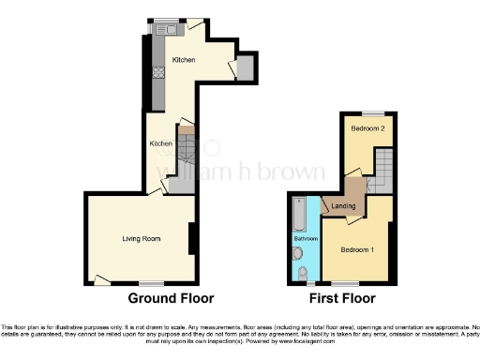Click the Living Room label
click(x=141, y=239)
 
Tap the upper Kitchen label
click(x=183, y=60)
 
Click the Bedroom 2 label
click(x=367, y=128)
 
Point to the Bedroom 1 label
click(x=356, y=250)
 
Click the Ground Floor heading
click(x=171, y=298)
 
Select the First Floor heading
click(x=343, y=298)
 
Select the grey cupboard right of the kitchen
click(x=245, y=67)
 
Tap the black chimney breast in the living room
click(x=192, y=238)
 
